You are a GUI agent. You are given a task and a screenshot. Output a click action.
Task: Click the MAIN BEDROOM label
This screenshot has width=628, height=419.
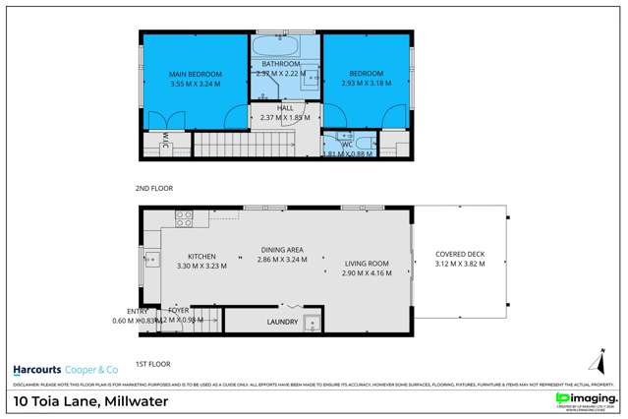[194, 75]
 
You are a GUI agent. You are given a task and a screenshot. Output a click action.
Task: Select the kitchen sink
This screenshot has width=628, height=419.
[151, 260]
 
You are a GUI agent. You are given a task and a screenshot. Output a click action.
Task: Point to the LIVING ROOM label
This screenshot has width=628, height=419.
[367, 264]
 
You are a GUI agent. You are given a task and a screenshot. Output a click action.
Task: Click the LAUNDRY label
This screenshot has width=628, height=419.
[282, 322]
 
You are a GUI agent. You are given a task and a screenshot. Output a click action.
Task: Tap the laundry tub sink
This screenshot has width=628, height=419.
[311, 323]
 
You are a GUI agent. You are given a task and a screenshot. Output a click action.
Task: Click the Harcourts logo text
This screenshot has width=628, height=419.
[42, 370]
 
